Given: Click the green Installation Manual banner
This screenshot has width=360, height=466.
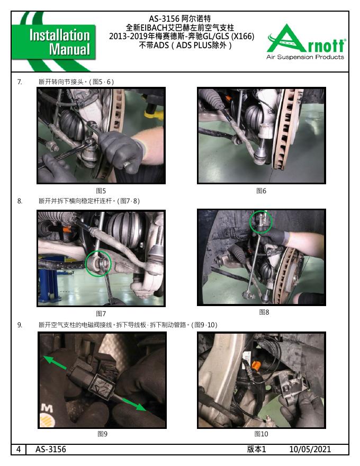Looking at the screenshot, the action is [x=54, y=42].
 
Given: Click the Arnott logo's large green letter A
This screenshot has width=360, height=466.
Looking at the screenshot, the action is [x=286, y=39].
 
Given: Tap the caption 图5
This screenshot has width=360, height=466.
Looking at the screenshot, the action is [x=101, y=191].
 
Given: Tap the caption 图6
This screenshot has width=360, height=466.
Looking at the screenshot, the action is [x=261, y=191].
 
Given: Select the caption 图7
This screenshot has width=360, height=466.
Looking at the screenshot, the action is [x=101, y=313].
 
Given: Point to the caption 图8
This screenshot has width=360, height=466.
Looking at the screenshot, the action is [x=264, y=312].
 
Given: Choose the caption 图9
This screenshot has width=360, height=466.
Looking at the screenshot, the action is [x=103, y=434].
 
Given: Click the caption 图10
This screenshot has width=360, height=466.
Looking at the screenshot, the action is [x=261, y=434].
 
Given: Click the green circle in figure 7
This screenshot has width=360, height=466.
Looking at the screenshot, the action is [x=86, y=264].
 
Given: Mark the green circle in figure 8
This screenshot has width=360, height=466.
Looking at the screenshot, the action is [x=250, y=222].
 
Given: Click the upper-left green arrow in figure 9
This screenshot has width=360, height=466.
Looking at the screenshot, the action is [x=55, y=363].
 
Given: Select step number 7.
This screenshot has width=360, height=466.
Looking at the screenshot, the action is [x=20, y=82].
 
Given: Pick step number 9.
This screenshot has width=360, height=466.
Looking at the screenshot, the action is [x=20, y=325].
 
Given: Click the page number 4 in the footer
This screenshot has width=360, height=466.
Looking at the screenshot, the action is [x=19, y=449].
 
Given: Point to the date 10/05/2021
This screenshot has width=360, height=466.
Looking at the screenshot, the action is [x=310, y=449].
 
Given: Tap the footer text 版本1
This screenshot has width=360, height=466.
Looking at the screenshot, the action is [x=257, y=449].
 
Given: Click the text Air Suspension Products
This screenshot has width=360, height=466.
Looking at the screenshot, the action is [x=305, y=57].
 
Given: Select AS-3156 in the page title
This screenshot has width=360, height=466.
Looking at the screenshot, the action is [x=164, y=19].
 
